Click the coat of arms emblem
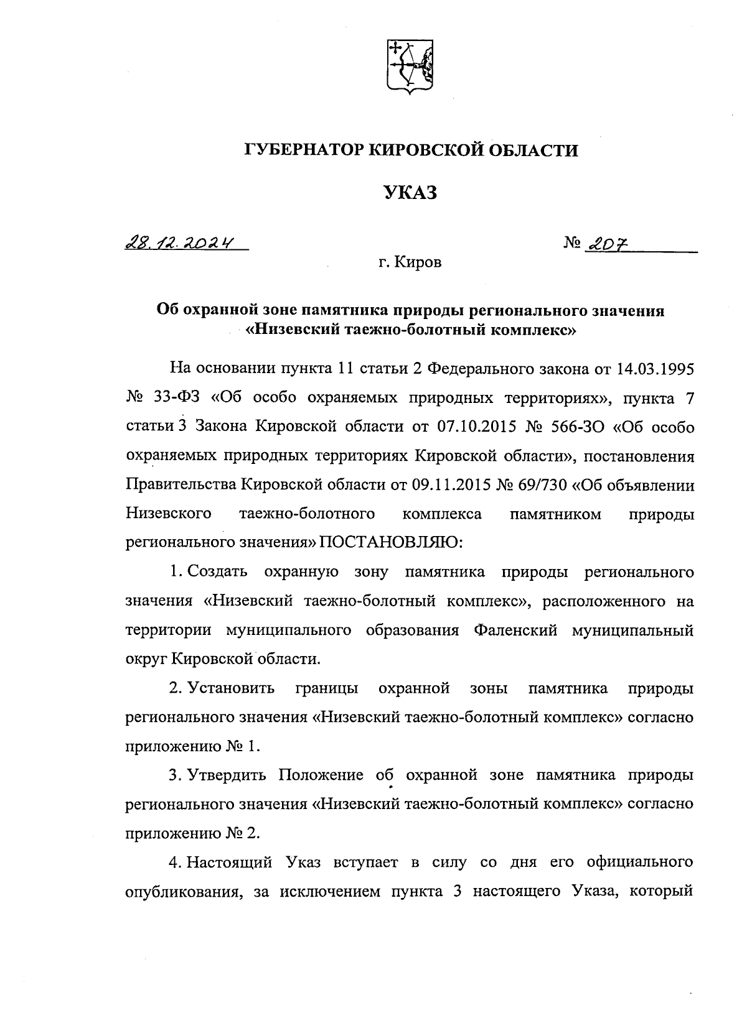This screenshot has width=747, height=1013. [410, 67]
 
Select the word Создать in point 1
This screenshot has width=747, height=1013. [217, 571]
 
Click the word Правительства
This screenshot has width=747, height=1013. [180, 485]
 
